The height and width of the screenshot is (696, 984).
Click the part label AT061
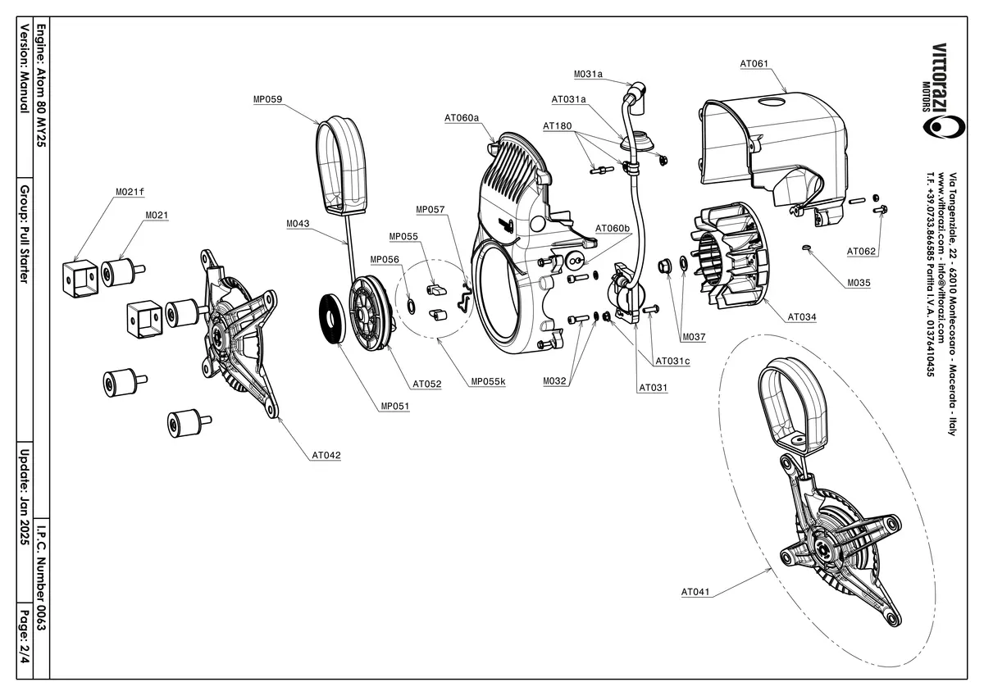coord(754,63)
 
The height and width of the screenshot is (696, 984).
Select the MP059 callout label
coord(267,99)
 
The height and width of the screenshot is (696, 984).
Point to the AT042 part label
coord(326,455)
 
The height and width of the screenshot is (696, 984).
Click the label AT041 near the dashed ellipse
coord(695,591)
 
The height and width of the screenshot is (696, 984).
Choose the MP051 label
coord(395,406)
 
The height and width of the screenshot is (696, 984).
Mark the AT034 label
coord(802,316)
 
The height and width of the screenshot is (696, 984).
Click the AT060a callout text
coord(462,118)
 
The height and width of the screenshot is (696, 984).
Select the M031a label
coord(588,74)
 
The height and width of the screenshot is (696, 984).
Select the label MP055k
coord(488,381)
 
